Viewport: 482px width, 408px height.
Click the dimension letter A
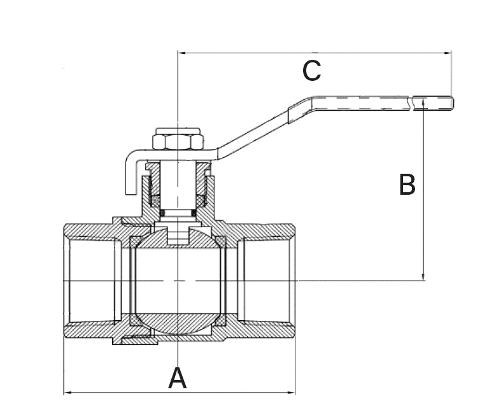pyautogui.click(x=178, y=378)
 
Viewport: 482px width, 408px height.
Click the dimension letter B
pyautogui.click(x=407, y=185)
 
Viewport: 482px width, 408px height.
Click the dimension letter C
pyautogui.click(x=312, y=71)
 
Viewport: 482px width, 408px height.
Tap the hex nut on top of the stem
pyautogui.click(x=178, y=139)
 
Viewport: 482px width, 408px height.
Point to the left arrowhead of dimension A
pyautogui.click(x=67, y=392)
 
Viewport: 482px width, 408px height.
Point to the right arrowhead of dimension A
pyautogui.click(x=291, y=392)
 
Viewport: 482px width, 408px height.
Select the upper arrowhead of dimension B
pyautogui.click(x=423, y=102)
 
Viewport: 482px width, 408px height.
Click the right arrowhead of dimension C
pyautogui.click(x=447, y=53)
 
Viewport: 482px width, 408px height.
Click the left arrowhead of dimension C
pyautogui.click(x=182, y=53)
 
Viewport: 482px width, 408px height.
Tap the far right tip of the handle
pyautogui.click(x=453, y=103)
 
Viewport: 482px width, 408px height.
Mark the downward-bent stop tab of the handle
pyautogui.click(x=130, y=175)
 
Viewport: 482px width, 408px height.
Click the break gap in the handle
pyautogui.click(x=411, y=103)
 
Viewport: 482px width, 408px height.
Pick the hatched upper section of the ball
pyautogui.click(x=177, y=238)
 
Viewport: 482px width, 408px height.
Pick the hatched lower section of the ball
pyautogui.click(x=177, y=323)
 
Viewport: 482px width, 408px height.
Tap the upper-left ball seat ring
pyautogui.click(x=134, y=242)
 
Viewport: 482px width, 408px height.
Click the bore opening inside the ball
pyautogui.click(x=178, y=281)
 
